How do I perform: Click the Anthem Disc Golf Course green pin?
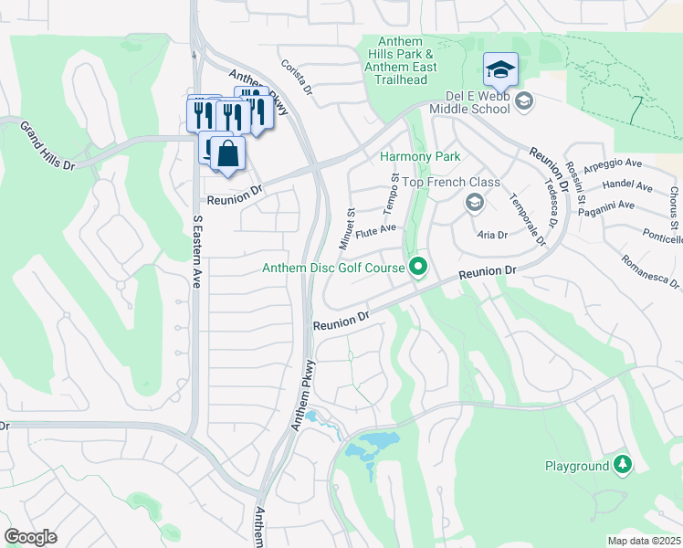tap(419, 268)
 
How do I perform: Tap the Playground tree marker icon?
tap(623, 465)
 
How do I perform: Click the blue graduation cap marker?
tap(500, 69)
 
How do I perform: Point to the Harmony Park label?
tap(419, 157)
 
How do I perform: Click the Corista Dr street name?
tap(297, 79)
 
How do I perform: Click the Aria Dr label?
tap(492, 235)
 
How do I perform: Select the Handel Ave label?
tap(630, 187)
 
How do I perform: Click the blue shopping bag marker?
tap(228, 154)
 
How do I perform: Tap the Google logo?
tap(30, 537)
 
